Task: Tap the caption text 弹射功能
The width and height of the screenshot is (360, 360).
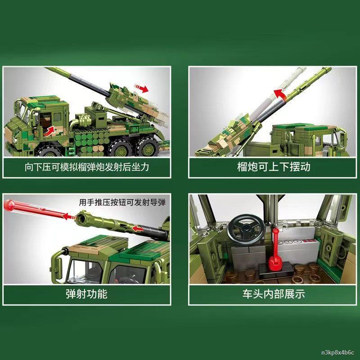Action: [x=86, y=294]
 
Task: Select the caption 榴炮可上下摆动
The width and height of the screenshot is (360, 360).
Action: [x=274, y=167]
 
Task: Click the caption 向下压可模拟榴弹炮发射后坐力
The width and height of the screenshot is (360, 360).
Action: [x=86, y=167]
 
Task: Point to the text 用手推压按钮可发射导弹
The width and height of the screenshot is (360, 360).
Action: [x=122, y=203]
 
